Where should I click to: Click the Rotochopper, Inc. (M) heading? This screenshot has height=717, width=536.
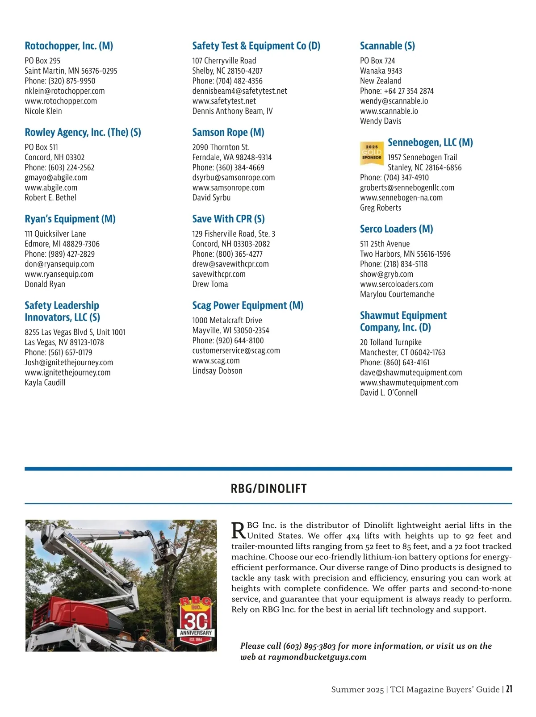[x=69, y=46]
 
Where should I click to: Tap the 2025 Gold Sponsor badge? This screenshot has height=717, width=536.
[x=372, y=153]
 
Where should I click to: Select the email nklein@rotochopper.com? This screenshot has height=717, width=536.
[x=65, y=91]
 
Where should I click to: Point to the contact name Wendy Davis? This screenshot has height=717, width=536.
[x=381, y=121]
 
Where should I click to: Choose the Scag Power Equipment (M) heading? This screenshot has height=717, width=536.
[x=247, y=306]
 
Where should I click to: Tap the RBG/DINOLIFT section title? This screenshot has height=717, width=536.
[x=268, y=488]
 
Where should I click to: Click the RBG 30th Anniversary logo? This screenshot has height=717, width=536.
[x=196, y=620]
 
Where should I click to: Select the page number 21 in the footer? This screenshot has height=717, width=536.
[x=509, y=689]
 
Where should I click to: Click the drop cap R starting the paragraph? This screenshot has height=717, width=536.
[x=239, y=530]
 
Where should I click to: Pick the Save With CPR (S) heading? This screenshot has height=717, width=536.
[x=228, y=219]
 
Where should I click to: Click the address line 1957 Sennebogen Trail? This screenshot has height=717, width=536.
[x=422, y=158]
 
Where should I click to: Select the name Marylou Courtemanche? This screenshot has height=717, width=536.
[x=397, y=295]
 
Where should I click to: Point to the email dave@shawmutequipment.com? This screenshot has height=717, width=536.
[x=411, y=373]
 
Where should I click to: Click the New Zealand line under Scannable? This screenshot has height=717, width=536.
[x=381, y=81]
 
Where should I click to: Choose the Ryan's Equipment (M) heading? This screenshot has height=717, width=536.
[x=70, y=219]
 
